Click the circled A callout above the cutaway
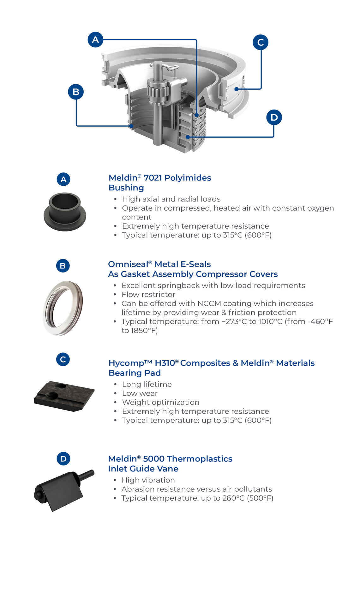[x=95, y=40]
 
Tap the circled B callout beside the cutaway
[x=76, y=92]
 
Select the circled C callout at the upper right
[x=261, y=42]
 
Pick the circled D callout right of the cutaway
[x=274, y=117]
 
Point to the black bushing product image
[x=65, y=212]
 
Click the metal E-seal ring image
[x=63, y=308]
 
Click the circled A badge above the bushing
[x=63, y=179]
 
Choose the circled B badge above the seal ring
[x=63, y=266]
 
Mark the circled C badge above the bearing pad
[x=63, y=359]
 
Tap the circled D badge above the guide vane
[x=63, y=459]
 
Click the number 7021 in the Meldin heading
[x=153, y=178]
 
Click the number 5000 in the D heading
[x=153, y=459]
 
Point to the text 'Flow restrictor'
[x=148, y=295]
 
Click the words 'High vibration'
[x=148, y=480]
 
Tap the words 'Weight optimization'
[x=161, y=402]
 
